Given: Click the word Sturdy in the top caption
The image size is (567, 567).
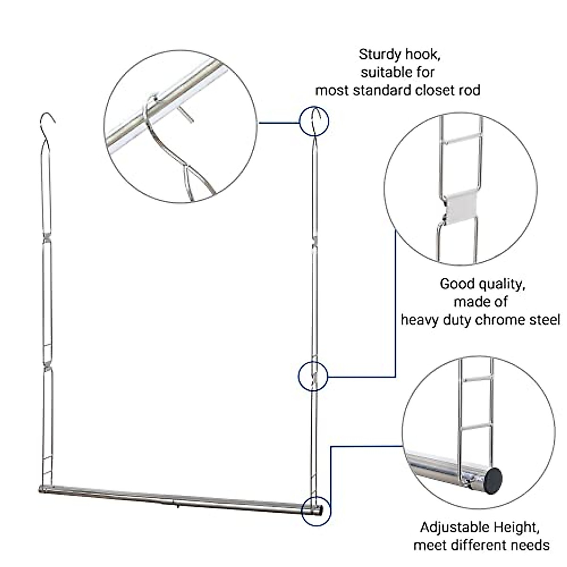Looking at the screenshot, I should click(x=377, y=54).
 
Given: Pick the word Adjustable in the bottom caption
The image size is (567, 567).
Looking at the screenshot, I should click(x=454, y=527).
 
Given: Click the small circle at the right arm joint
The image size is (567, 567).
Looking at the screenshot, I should click(x=313, y=376).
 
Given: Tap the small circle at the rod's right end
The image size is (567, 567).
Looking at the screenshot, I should click(x=316, y=510).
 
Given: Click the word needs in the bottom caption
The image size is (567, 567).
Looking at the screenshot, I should click(x=528, y=545).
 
